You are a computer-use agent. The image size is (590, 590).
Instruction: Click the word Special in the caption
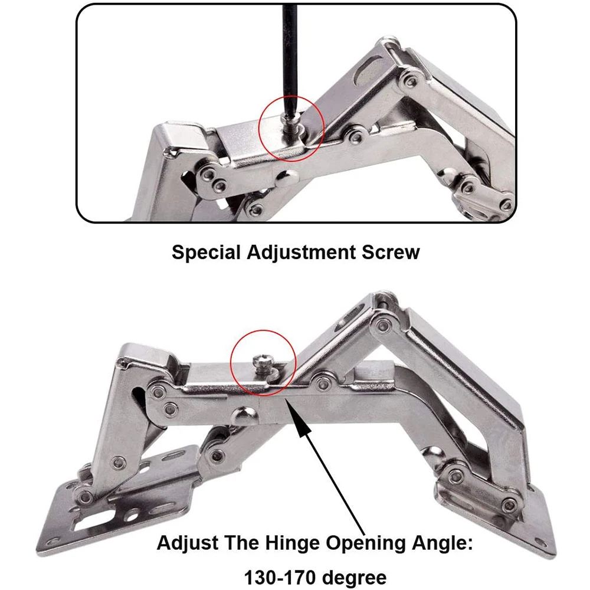(x=207, y=253)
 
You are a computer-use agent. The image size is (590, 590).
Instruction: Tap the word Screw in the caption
(x=392, y=253)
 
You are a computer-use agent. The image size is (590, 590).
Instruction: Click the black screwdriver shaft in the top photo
(x=289, y=53)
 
